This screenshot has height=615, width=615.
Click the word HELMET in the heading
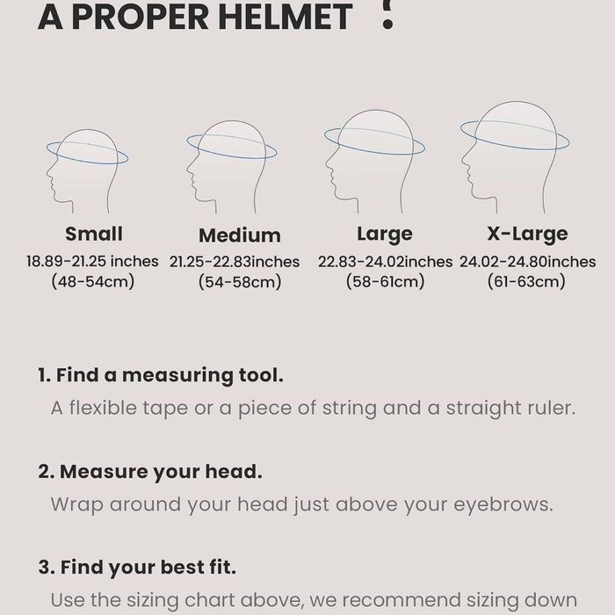coord(283,17)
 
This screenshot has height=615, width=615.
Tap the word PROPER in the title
coord(140,17)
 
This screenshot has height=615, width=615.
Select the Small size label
coord(94,234)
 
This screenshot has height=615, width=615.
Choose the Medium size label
coord(240,235)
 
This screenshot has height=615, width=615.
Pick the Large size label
coord(385,235)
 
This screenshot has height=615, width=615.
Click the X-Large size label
coord(527,234)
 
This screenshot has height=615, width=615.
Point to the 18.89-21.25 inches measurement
coord(92,261)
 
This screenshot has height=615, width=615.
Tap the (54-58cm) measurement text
coord(240,282)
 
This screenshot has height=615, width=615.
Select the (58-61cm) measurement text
coord(385,281)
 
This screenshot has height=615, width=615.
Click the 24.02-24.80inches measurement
coord(527,262)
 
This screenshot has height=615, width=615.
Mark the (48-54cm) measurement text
coord(93,281)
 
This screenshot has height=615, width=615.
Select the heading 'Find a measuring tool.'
coord(161,375)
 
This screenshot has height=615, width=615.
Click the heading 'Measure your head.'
coord(150,472)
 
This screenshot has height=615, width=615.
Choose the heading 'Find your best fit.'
coord(137,568)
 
